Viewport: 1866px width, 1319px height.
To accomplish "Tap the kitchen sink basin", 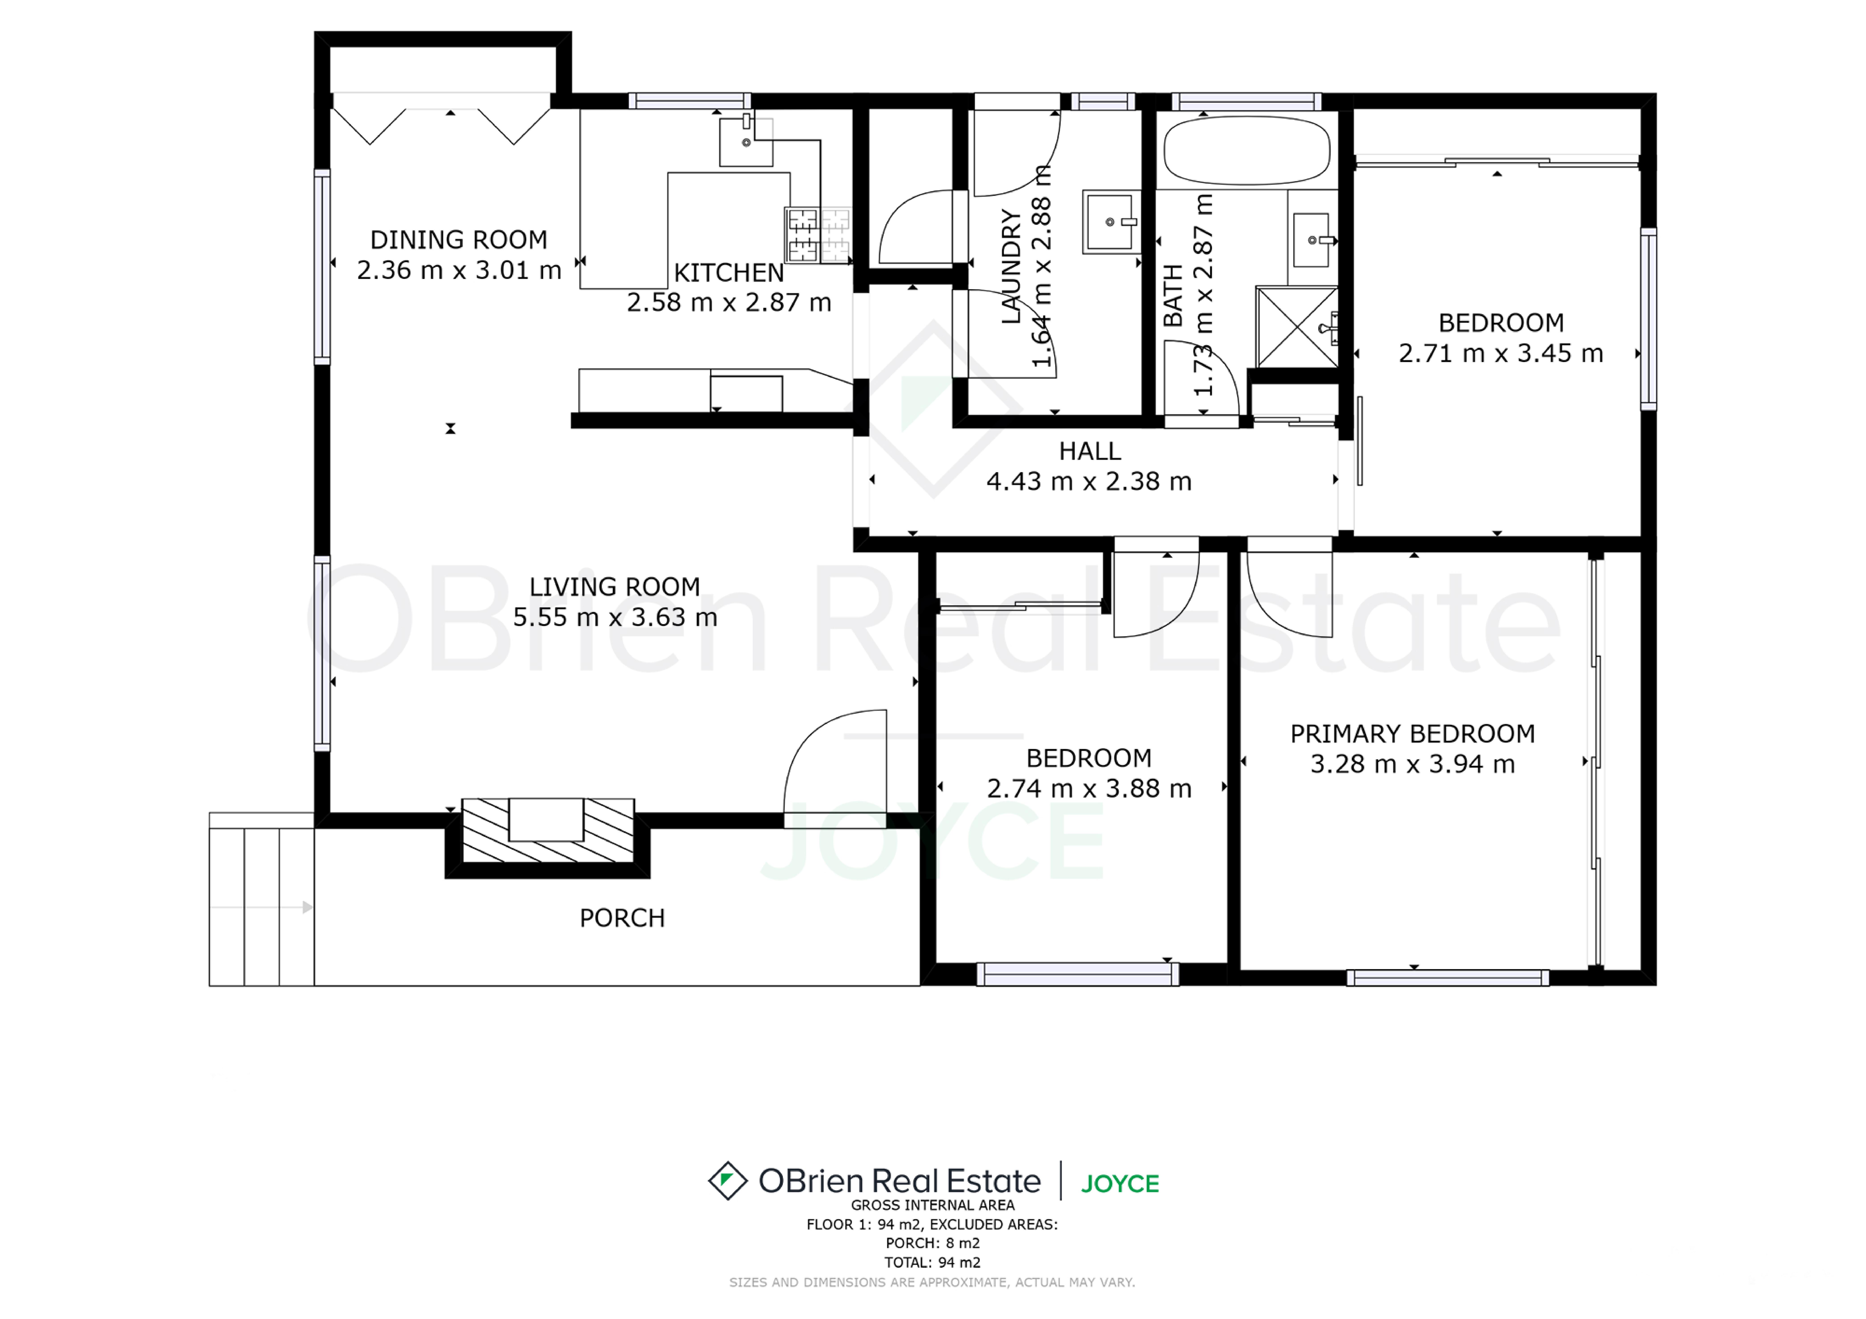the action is click(x=746, y=142).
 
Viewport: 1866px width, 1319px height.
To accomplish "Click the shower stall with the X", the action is click(x=1297, y=327).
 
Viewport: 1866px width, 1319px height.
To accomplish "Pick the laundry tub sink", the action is click(x=1111, y=222).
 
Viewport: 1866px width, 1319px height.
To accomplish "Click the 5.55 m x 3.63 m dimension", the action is click(x=615, y=618).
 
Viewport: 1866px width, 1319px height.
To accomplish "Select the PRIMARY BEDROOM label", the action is click(x=1413, y=734).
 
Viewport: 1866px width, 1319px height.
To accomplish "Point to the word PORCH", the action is click(x=622, y=918).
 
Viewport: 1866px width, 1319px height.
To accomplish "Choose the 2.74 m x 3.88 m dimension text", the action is click(x=1089, y=788).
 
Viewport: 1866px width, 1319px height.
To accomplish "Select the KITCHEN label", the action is click(x=729, y=273).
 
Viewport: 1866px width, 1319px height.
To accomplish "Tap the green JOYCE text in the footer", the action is click(x=1120, y=1184).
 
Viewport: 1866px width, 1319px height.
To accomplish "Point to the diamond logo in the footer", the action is click(x=727, y=1181).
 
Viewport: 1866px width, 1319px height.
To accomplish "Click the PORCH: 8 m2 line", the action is click(x=933, y=1243).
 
